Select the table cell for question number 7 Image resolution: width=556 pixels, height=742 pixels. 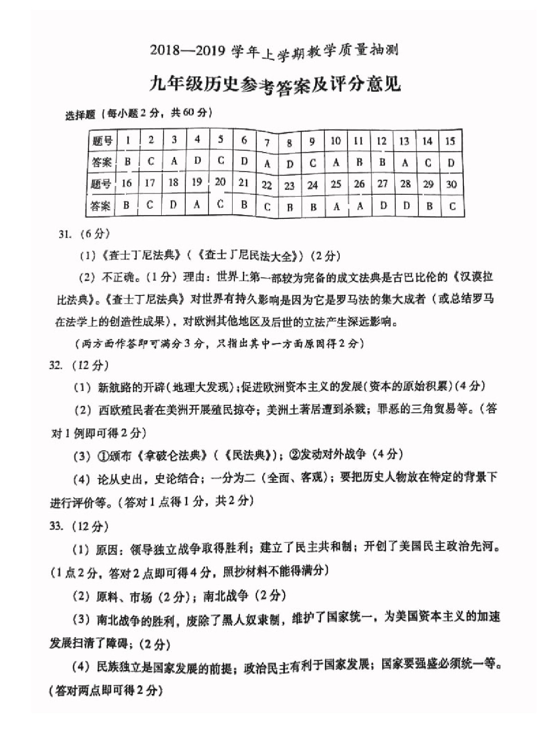point(267,143)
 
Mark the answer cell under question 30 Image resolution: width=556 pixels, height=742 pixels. point(452,206)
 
